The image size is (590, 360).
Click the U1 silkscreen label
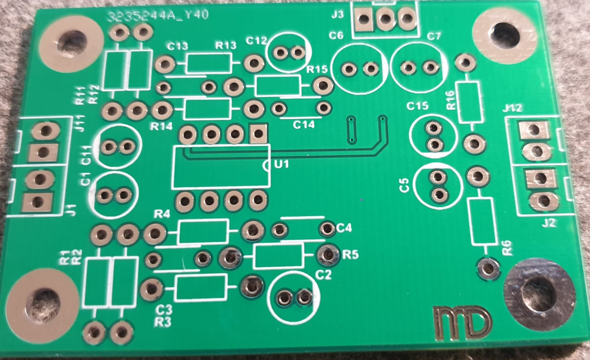282,164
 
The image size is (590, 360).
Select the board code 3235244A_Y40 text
158,15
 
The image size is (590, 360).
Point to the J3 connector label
337,15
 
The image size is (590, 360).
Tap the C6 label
336,35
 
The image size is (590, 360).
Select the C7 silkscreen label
434,37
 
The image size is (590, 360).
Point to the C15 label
417,106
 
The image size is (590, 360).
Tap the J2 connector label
549,223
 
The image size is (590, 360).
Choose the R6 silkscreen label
507,248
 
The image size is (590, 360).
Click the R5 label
350,255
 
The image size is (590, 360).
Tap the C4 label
344,228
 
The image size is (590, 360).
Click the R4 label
162,214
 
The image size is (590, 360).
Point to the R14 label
161,127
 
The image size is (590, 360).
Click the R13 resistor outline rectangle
209,63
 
